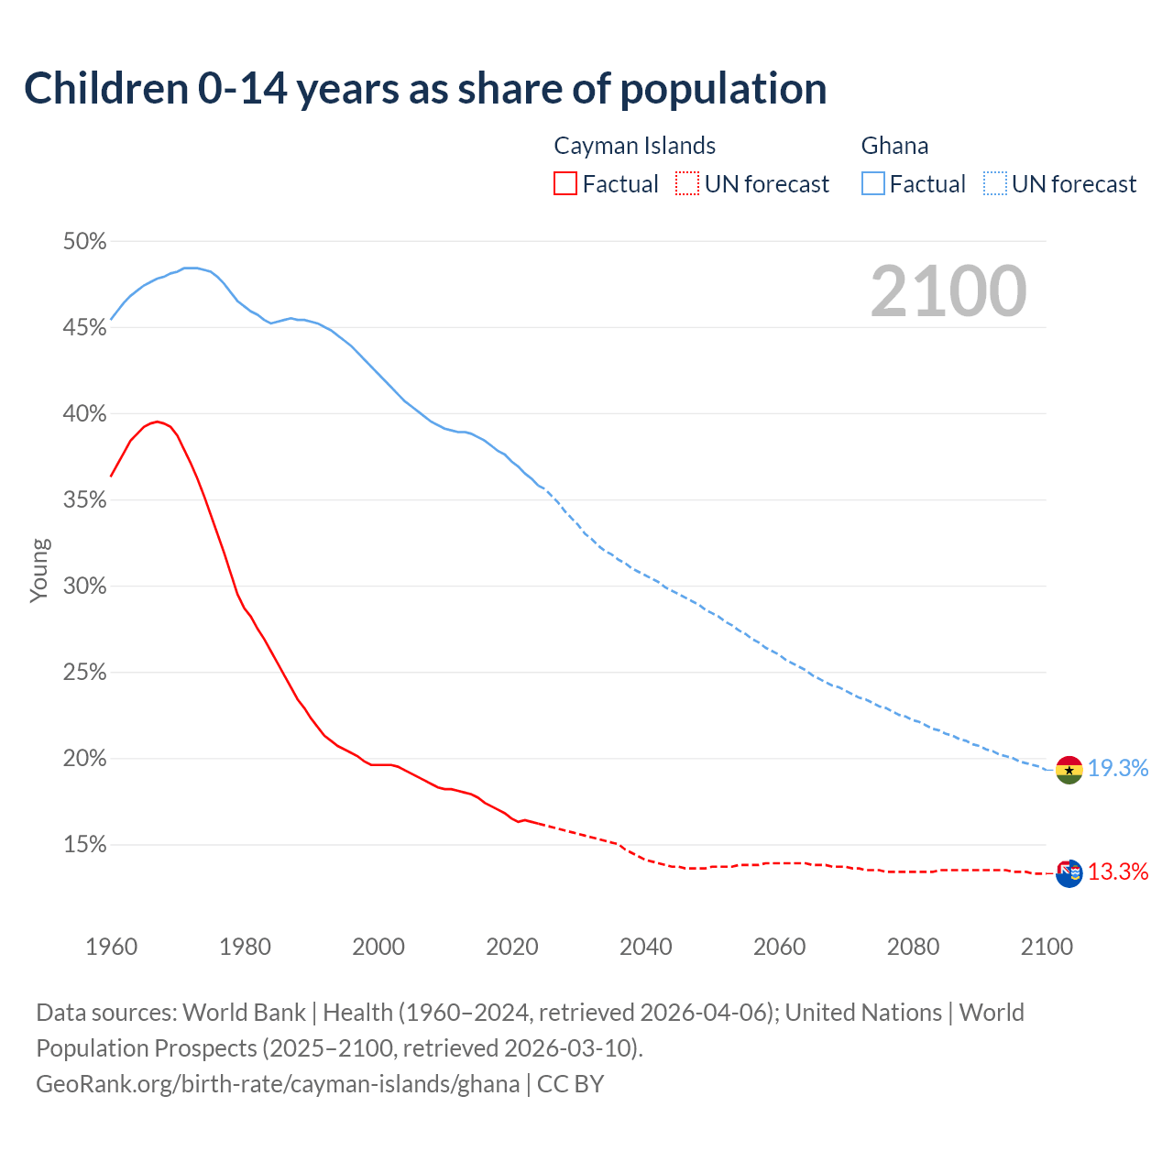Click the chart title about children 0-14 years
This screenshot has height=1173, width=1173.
[x=425, y=89]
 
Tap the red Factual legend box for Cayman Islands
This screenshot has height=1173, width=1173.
[x=565, y=184]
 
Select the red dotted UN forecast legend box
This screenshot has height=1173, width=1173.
[x=687, y=184]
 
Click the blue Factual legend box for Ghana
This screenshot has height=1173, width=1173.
[x=873, y=184]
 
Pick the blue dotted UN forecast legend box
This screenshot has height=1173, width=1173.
[x=994, y=184]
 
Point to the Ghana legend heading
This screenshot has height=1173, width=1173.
[x=894, y=146]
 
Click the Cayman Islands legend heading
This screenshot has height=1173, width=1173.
[x=634, y=146]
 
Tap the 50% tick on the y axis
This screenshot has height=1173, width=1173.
[x=84, y=242]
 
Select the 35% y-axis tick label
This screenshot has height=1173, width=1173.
[x=84, y=500]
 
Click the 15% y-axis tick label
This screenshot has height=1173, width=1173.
[x=84, y=845]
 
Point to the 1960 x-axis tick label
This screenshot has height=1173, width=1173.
[x=111, y=947]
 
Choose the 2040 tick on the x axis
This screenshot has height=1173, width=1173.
[x=645, y=947]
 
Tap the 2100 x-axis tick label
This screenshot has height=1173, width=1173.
[x=1046, y=947]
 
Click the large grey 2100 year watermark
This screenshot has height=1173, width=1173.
[x=948, y=291]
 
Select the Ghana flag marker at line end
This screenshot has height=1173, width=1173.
[x=1069, y=770]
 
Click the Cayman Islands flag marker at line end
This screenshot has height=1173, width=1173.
[x=1069, y=873]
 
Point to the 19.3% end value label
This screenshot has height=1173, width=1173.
[x=1118, y=769]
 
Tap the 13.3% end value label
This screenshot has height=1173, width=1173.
[x=1118, y=872]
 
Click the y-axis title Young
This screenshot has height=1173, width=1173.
[x=39, y=570]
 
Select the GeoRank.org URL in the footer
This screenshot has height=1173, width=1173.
[x=278, y=1084]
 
